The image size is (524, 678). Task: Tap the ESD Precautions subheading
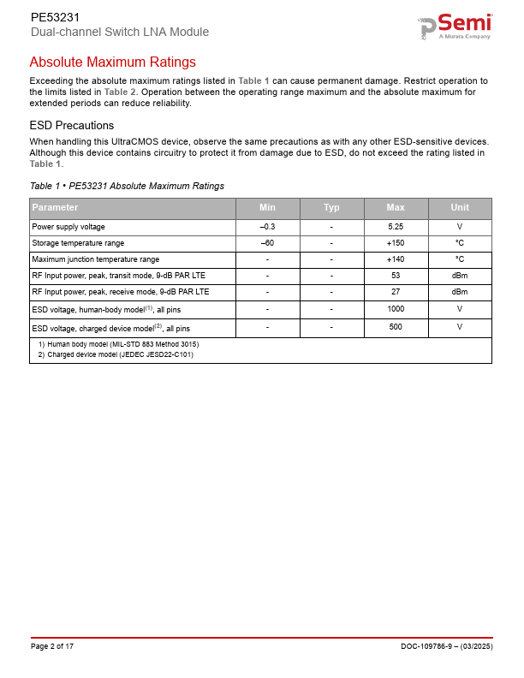[x=71, y=125]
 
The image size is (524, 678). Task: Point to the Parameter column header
[x=55, y=208]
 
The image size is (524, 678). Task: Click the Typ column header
[x=331, y=208]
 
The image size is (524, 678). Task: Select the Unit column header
[x=460, y=208]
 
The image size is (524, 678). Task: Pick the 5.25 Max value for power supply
[x=396, y=227]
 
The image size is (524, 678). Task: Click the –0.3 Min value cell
[x=267, y=227]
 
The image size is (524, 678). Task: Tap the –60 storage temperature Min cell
[x=267, y=243]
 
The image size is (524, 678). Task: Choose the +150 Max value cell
[x=396, y=243]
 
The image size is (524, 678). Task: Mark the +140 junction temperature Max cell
[x=396, y=259]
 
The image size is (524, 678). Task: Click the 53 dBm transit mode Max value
[x=396, y=276]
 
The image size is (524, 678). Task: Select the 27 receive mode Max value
[x=396, y=292]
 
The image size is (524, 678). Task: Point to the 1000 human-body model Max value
[x=396, y=309]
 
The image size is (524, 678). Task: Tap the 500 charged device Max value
[x=396, y=327]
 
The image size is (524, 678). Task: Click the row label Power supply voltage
[x=68, y=227]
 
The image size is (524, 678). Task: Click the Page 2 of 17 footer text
[x=52, y=646]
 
